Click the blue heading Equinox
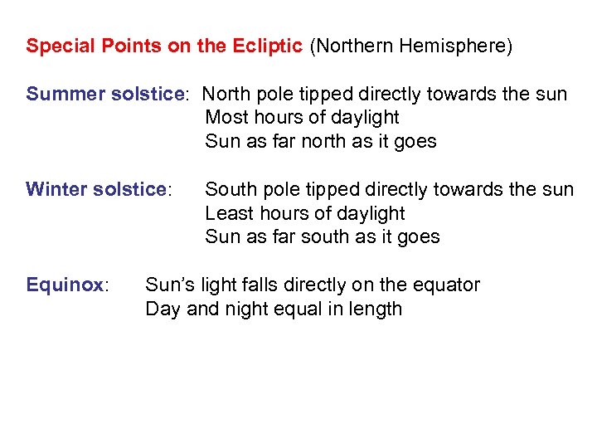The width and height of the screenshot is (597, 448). pos(65,285)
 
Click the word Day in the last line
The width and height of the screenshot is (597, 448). pos(162,309)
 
